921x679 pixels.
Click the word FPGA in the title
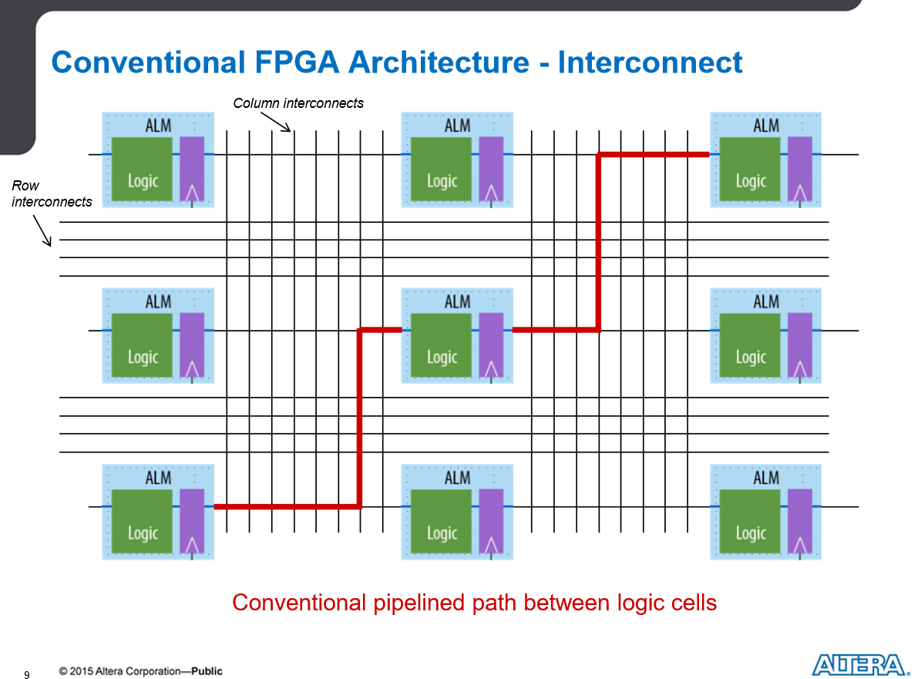[297, 62]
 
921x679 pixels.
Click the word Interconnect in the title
[650, 62]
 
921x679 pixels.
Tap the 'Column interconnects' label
[298, 103]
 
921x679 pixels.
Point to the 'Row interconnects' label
[52, 193]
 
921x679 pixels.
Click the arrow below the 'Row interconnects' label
[42, 230]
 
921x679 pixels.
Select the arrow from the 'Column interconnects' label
[275, 122]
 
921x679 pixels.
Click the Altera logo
[860, 665]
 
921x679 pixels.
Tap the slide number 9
[26, 674]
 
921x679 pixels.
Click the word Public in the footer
[207, 671]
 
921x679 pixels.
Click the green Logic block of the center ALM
[441, 345]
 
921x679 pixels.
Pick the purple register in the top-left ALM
[192, 169]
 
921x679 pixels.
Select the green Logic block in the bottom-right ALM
[750, 522]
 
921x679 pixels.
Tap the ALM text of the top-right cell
[766, 126]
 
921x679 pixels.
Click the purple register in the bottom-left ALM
[192, 522]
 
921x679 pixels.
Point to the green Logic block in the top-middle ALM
[441, 169]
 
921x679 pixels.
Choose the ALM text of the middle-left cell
[159, 302]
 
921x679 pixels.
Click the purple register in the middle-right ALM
[800, 345]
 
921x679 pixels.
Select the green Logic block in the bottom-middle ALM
[441, 522]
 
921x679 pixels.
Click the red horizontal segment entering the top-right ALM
[653, 154]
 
